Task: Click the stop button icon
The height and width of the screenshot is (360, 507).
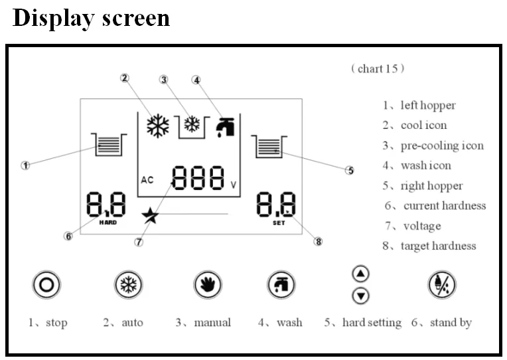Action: pos(46,285)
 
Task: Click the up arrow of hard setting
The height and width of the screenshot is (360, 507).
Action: pos(360,273)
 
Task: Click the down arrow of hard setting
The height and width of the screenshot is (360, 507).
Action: pos(360,296)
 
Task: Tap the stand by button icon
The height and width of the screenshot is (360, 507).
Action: pos(441,285)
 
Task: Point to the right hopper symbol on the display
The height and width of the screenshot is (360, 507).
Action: pos(268,146)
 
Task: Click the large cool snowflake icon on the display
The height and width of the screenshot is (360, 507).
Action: pos(158,126)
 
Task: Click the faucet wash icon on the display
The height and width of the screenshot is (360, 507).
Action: pos(225,126)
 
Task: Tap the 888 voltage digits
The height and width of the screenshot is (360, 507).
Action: pos(198,178)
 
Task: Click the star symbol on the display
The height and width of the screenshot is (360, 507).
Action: pos(150,215)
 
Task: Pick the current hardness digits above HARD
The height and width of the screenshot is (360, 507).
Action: pos(106,204)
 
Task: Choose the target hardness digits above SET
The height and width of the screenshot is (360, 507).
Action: pos(277,205)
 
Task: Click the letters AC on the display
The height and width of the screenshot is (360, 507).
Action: pos(147,180)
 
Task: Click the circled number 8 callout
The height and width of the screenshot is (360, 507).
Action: pos(318,242)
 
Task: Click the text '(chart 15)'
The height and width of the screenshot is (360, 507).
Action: pos(378,68)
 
